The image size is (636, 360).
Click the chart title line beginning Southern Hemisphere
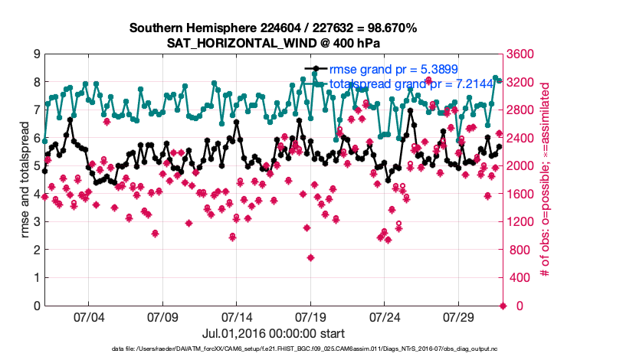[273, 28]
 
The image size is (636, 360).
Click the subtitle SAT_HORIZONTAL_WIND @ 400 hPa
[273, 43]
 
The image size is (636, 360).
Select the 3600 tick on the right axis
[522, 54]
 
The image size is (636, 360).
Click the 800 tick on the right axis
[519, 250]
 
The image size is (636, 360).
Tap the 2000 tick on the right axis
[522, 166]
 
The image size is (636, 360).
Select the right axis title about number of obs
[545, 180]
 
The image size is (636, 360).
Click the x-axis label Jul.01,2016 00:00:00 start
[273, 333]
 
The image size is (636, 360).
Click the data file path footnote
[317, 349]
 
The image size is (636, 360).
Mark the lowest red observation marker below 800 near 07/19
[310, 257]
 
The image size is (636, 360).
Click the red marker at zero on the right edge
[503, 306]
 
